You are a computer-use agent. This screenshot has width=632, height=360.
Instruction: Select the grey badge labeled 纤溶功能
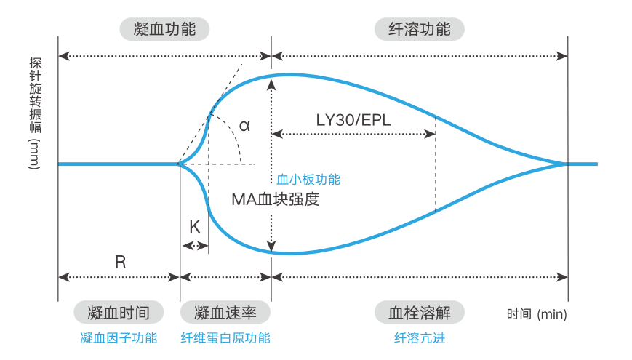419,29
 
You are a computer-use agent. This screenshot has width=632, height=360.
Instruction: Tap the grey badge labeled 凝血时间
118,313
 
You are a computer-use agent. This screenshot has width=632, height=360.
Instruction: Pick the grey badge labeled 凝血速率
225,313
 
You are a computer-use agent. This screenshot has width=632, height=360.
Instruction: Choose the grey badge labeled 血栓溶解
419,313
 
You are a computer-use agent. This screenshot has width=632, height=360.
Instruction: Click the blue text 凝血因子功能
119,337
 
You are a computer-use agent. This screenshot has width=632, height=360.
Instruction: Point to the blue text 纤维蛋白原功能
225,337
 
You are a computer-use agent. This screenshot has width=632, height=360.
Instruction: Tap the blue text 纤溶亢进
419,337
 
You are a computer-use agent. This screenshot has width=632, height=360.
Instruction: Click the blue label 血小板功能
308,179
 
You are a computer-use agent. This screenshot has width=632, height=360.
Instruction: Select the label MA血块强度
276,199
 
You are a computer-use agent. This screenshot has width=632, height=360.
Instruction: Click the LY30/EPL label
353,120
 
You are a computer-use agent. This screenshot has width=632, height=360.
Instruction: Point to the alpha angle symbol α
244,125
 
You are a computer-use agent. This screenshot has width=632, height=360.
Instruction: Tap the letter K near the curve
194,227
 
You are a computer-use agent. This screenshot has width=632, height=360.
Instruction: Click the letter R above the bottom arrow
121,262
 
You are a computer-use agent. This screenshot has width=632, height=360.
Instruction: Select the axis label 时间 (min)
537,314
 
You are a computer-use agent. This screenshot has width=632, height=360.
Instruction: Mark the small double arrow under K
194,246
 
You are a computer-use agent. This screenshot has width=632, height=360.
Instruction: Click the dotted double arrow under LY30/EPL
353,134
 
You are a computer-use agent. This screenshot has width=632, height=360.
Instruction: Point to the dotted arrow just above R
119,277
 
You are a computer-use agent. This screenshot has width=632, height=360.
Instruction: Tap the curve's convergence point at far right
567,164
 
